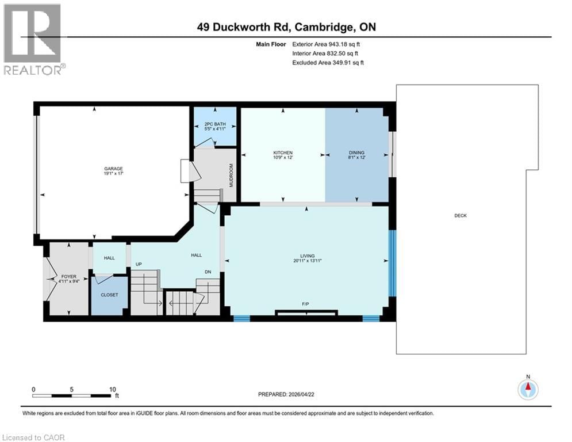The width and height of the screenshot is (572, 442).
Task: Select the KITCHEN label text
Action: (x=283, y=153)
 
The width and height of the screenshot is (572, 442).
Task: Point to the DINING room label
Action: (x=356, y=153)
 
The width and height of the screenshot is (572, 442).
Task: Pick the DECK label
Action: (x=460, y=216)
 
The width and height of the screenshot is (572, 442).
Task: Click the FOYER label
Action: (x=68, y=277)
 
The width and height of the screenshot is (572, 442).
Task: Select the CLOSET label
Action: (x=109, y=295)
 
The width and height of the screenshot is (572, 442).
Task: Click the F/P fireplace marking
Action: (x=306, y=304)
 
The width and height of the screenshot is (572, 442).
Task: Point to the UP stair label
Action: (x=139, y=264)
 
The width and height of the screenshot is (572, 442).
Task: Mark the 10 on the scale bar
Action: (x=112, y=388)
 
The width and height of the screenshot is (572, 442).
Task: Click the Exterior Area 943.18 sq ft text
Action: (x=326, y=44)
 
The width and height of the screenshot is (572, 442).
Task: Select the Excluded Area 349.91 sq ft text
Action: (x=328, y=62)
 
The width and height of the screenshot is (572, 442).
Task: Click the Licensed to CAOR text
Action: (x=34, y=437)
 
